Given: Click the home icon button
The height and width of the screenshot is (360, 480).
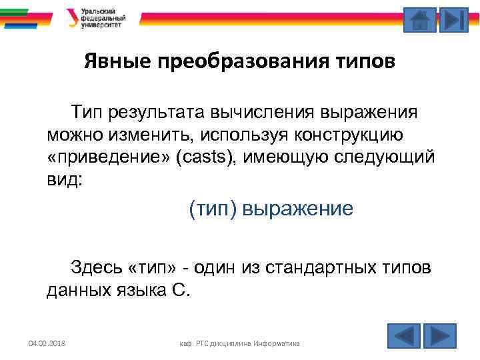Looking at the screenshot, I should (420, 20).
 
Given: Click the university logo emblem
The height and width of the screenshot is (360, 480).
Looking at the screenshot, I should (72, 17).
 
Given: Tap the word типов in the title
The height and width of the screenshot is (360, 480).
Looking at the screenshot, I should (365, 63).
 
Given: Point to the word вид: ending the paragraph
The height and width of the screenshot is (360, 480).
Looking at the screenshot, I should (65, 180).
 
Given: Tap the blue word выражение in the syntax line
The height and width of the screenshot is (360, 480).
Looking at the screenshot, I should (297, 209).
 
